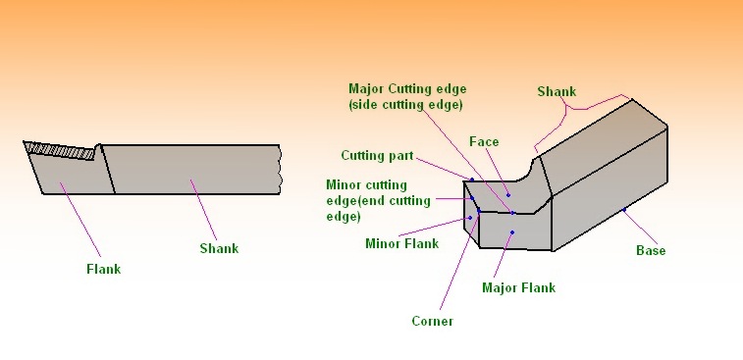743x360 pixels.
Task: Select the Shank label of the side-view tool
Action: [x=219, y=248]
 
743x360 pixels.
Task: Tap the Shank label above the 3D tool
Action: [x=557, y=91]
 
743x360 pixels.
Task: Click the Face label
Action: [x=485, y=142]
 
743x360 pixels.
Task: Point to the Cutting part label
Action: [x=378, y=156]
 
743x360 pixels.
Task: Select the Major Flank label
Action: [x=518, y=287]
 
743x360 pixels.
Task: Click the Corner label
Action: [x=432, y=321]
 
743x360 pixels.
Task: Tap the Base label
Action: [x=651, y=250]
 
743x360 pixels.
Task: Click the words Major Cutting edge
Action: [x=406, y=88]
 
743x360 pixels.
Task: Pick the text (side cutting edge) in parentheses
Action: [x=406, y=104]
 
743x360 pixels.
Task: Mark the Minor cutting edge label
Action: [x=378, y=200]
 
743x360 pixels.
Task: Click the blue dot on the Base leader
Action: [x=624, y=209]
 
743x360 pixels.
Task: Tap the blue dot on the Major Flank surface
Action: [x=512, y=232]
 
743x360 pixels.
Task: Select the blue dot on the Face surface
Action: [x=508, y=195]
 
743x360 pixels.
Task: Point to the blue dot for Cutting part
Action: [x=471, y=180]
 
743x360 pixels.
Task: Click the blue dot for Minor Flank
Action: [x=470, y=218]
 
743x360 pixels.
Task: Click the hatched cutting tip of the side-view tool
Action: [x=62, y=150]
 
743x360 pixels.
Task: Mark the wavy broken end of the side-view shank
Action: [x=282, y=169]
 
